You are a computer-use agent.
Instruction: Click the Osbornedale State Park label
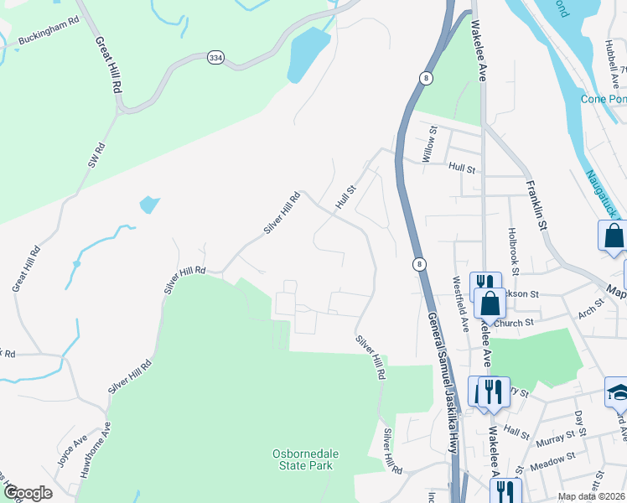(x=303, y=459)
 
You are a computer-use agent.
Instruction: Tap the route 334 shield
(x=216, y=57)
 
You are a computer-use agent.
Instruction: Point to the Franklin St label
(x=536, y=205)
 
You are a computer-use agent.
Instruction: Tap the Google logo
(x=28, y=493)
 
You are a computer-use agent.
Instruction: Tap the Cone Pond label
(x=604, y=99)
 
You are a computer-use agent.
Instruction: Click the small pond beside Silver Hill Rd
(x=148, y=204)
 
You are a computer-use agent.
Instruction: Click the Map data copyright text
(x=591, y=496)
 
